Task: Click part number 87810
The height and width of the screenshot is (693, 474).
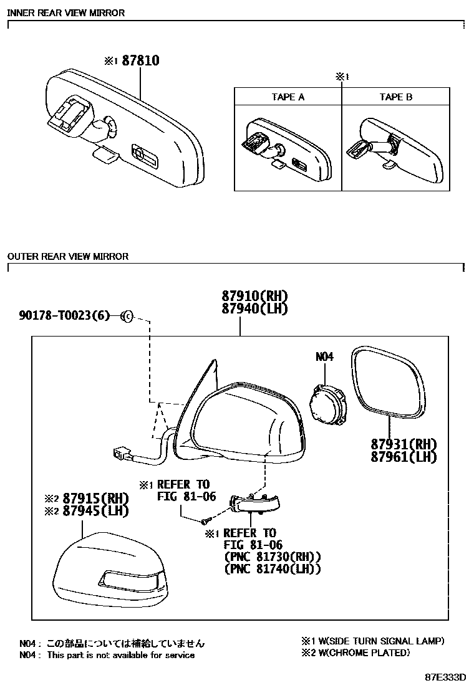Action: (140, 60)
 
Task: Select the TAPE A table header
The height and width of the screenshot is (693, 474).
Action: (288, 97)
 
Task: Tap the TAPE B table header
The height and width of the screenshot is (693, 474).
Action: (396, 97)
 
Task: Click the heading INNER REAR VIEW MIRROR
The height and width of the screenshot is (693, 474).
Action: (66, 13)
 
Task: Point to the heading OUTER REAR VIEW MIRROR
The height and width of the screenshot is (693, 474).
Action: (67, 256)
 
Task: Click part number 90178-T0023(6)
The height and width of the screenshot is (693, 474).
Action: (64, 315)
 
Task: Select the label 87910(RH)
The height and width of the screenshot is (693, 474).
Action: (254, 295)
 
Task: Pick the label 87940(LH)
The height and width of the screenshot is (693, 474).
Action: (254, 308)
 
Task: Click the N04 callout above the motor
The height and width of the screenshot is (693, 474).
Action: (324, 356)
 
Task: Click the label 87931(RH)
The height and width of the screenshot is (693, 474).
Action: (404, 444)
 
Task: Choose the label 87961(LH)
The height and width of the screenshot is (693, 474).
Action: (404, 457)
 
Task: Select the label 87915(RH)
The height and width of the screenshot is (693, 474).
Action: (95, 499)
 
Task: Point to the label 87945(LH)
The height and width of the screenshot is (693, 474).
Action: (95, 511)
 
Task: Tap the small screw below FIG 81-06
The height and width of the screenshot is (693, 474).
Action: (205, 522)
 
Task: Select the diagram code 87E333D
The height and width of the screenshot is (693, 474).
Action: (445, 677)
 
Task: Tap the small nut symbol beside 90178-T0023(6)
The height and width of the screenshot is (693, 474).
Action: (127, 316)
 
